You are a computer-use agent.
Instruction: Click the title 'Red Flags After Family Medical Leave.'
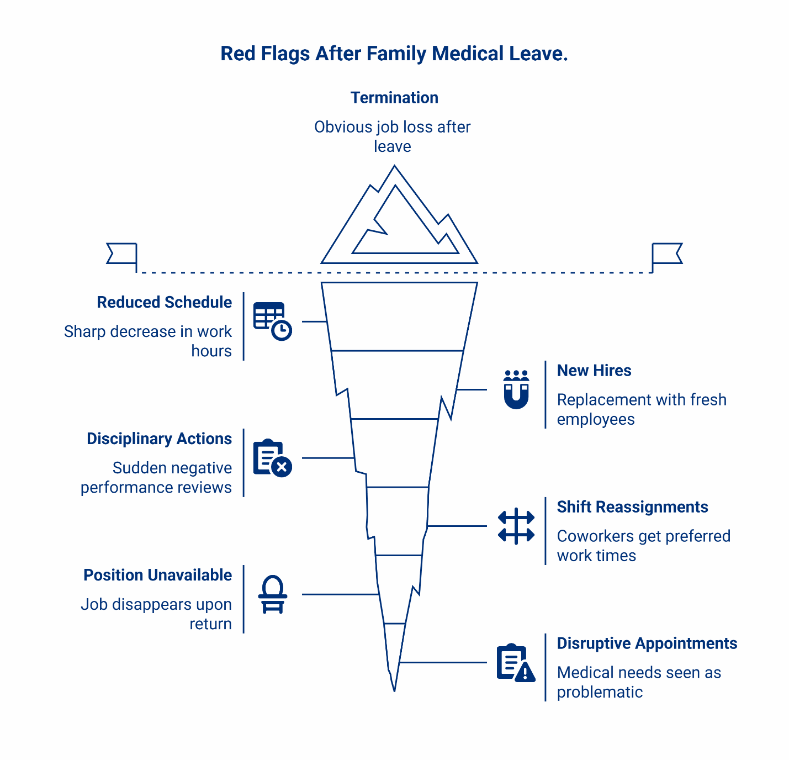pyautogui.click(x=394, y=54)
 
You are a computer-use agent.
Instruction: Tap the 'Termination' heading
pyautogui.click(x=394, y=98)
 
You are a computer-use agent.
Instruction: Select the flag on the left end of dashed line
pyautogui.click(x=122, y=254)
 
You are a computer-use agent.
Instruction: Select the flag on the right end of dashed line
pyautogui.click(x=666, y=254)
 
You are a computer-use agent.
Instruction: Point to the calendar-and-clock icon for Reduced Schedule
pyautogui.click(x=272, y=321)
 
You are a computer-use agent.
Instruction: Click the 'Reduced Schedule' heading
pyautogui.click(x=164, y=302)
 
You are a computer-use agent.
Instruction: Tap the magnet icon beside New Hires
pyautogui.click(x=516, y=389)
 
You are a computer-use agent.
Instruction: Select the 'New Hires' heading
pyautogui.click(x=594, y=371)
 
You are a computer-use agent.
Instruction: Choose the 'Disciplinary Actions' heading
pyautogui.click(x=159, y=439)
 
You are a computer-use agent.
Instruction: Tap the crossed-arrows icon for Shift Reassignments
pyautogui.click(x=516, y=526)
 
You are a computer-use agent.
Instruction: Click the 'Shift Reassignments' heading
pyautogui.click(x=632, y=507)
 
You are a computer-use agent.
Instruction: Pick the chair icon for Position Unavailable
pyautogui.click(x=273, y=594)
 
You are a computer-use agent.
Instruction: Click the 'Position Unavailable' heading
pyautogui.click(x=157, y=575)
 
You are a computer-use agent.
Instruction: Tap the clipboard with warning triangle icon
pyautogui.click(x=516, y=663)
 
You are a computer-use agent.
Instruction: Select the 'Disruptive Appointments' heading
pyautogui.click(x=647, y=643)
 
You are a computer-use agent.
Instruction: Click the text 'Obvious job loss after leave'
pyautogui.click(x=392, y=136)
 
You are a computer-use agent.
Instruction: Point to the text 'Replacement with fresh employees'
pyautogui.click(x=641, y=409)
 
